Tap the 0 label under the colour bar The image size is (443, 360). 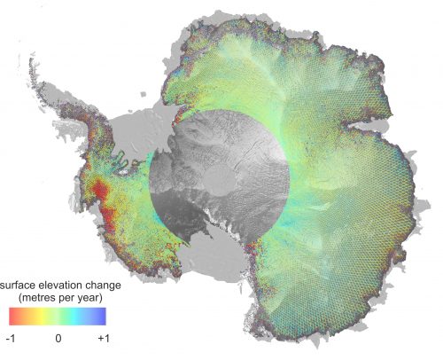58,339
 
